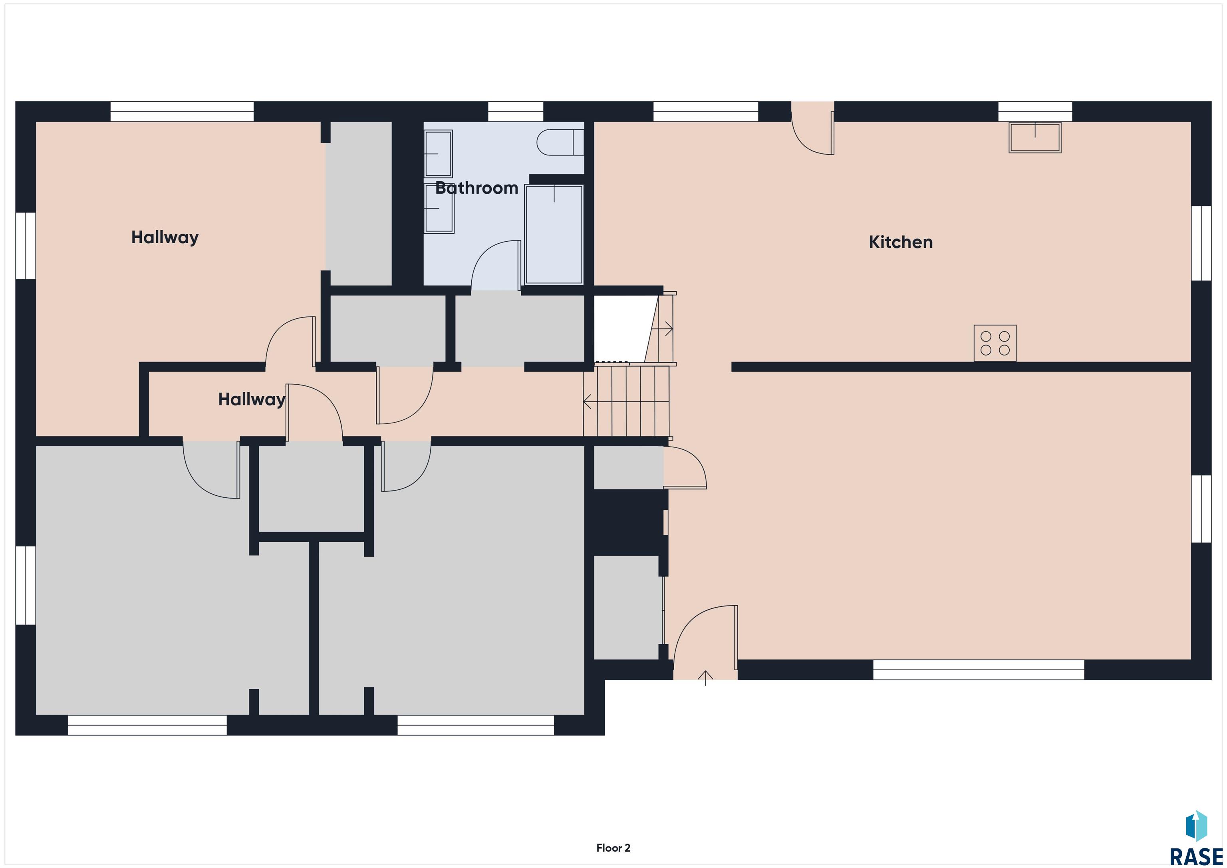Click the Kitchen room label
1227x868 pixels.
[x=900, y=242]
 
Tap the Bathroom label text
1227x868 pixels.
[x=477, y=188]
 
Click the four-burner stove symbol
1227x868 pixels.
[x=995, y=343]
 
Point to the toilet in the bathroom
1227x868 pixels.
[x=560, y=142]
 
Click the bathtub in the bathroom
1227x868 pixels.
[x=554, y=234]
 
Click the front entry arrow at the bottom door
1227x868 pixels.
[x=705, y=678]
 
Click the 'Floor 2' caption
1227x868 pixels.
[x=613, y=848]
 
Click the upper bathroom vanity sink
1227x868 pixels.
[x=438, y=153]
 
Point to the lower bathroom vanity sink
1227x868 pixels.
[x=439, y=209]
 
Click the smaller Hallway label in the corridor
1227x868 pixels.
[x=252, y=399]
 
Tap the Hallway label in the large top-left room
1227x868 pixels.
[x=165, y=237]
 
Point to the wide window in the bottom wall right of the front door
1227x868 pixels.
[x=979, y=670]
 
